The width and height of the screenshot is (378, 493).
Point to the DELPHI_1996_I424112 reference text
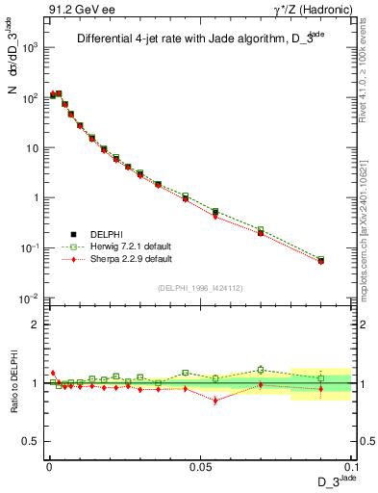pos(199,286)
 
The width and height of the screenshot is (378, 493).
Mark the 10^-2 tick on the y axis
pos(30,298)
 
